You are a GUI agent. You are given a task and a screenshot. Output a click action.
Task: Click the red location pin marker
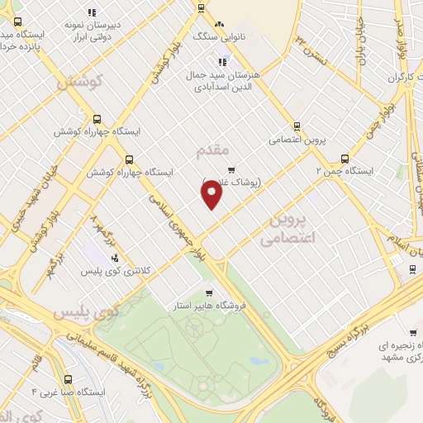coord(211,194)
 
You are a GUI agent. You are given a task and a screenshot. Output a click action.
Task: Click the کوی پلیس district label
coord(87,314)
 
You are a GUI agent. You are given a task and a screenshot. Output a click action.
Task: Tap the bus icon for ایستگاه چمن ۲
coord(345,159)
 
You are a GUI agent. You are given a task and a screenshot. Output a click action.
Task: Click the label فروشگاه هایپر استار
coord(211,305)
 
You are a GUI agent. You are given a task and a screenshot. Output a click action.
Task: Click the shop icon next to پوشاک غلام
coord(242,169)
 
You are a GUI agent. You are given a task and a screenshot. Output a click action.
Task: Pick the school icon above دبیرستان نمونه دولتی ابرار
coord(92,12)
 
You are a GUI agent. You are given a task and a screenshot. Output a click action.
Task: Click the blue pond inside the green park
coord(259,361)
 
